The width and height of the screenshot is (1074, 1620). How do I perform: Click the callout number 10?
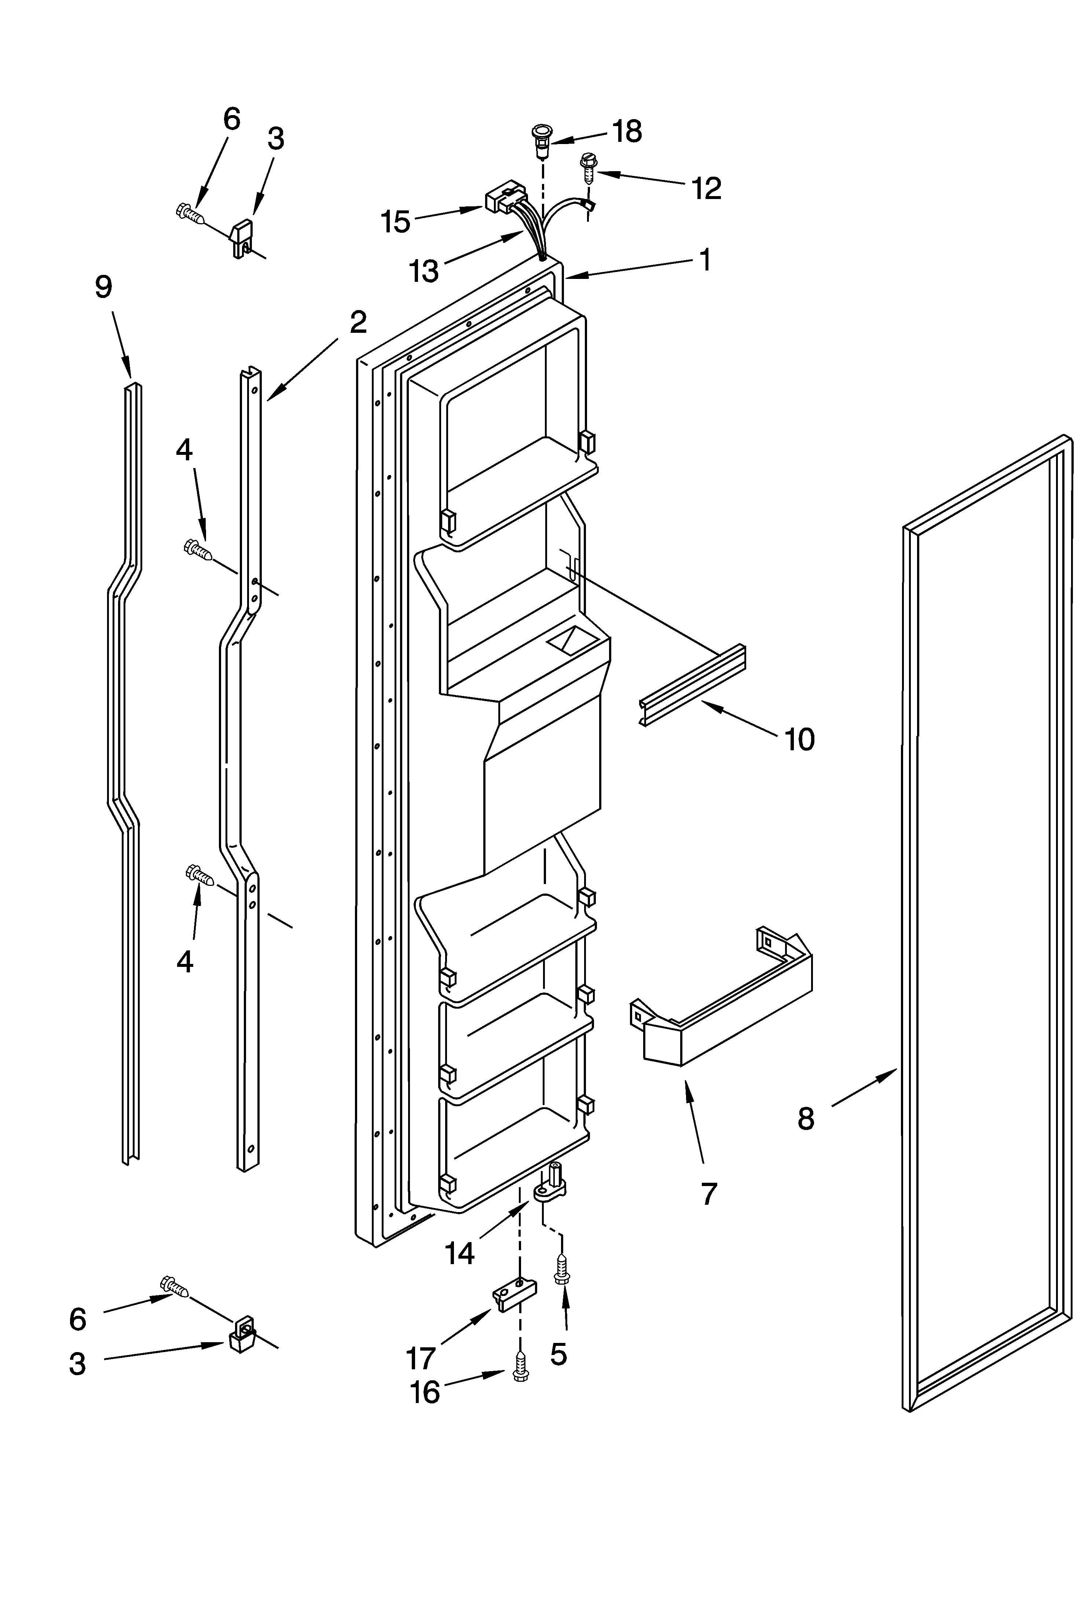point(799,740)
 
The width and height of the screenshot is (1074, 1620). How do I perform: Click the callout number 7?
point(709,1193)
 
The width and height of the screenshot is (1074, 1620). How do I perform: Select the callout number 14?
point(459,1253)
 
